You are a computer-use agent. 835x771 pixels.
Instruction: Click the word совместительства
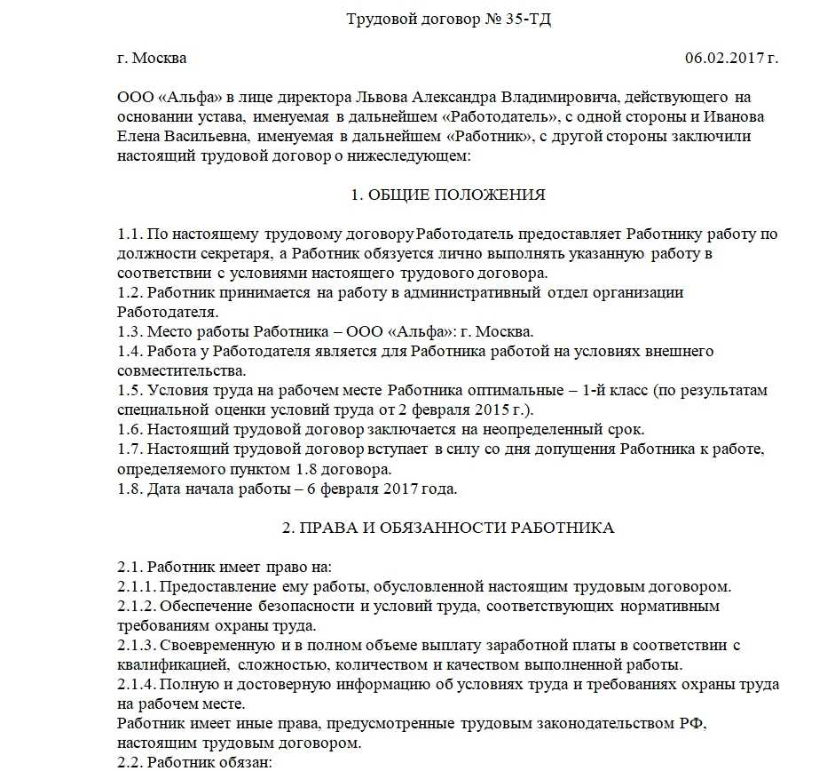click(181, 370)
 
